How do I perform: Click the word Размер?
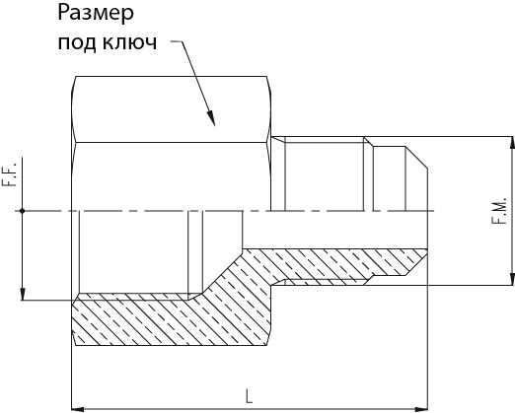coord(96,14)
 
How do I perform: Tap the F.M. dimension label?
coord(499,211)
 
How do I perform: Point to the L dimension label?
coord(250,396)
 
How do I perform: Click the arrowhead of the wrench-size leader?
coord(211,118)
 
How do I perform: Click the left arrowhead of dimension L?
coord(78,409)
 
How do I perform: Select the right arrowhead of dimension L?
coord(421,409)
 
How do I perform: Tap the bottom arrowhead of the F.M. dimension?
coord(512,279)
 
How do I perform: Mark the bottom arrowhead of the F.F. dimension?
coord(22,294)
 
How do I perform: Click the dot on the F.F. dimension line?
coord(22,211)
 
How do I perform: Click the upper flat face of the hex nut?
coord(171,109)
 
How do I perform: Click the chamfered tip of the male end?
coord(416,157)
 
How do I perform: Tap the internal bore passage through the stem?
coord(334,230)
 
